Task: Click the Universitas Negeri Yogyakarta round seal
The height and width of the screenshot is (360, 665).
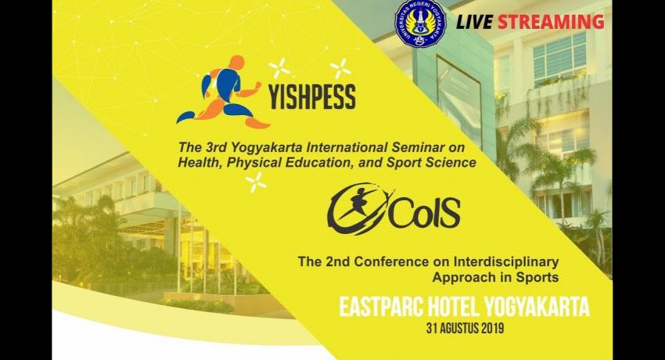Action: click(x=420, y=23)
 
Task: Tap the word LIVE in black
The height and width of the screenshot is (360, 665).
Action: click(x=474, y=22)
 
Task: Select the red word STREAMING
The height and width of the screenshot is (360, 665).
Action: click(x=551, y=22)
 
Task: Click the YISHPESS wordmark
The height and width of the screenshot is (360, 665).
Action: click(x=311, y=97)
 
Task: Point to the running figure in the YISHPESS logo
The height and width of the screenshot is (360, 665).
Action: click(x=223, y=92)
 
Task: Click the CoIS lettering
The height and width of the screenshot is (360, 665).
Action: click(x=425, y=211)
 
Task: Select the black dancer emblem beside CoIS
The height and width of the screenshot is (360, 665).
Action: click(x=358, y=209)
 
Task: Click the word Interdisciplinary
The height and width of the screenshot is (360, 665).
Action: click(x=506, y=261)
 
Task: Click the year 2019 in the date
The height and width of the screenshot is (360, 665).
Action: click(x=492, y=329)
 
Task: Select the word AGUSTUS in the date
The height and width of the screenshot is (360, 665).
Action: click(x=460, y=329)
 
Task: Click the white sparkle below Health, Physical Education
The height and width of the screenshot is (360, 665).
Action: click(x=256, y=182)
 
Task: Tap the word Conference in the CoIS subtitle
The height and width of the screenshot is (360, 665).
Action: click(x=390, y=261)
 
